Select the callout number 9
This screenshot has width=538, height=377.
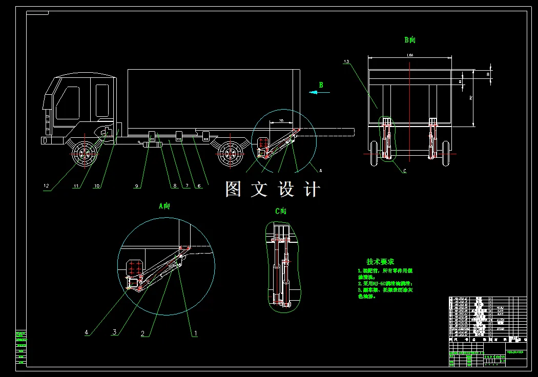pyautogui.click(x=137, y=186)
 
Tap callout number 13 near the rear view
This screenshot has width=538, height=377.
pyautogui.click(x=347, y=61)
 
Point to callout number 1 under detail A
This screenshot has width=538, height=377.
pyautogui.click(x=195, y=333)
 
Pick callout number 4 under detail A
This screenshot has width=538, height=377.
pyautogui.click(x=87, y=332)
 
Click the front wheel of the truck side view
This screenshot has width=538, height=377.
pyautogui.click(x=83, y=153)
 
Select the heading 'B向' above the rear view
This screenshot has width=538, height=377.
pyautogui.click(x=409, y=39)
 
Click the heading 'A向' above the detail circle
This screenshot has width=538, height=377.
pyautogui.click(x=164, y=206)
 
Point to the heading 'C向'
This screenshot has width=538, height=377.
pyautogui.click(x=281, y=211)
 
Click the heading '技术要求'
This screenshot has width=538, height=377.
pyautogui.click(x=380, y=262)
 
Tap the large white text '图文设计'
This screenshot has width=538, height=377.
pyautogui.click(x=273, y=190)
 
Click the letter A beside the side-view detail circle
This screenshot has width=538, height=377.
pyautogui.click(x=321, y=169)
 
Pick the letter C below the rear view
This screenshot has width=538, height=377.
pyautogui.click(x=404, y=171)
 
